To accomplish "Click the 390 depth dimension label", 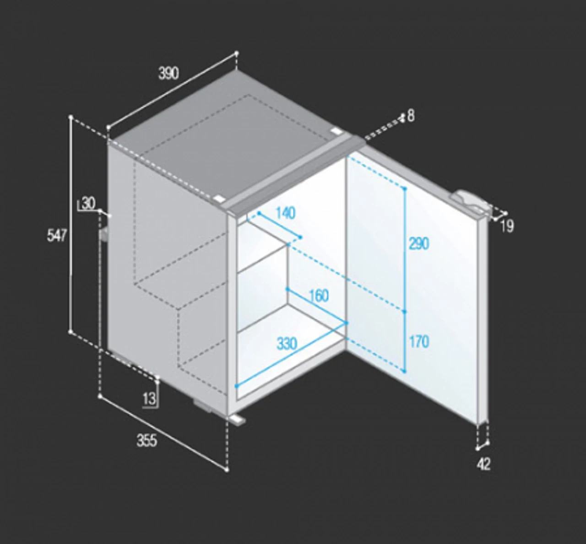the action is point(168,73).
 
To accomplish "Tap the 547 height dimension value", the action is point(57,236).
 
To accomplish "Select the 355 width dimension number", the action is point(146,441).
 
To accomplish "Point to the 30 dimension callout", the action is point(88,203).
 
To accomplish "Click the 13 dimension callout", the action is point(149,399).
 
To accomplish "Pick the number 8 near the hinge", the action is point(411,116).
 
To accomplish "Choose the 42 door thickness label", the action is point(483,464).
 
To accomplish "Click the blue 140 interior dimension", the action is point(285,213).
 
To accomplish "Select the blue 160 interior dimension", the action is point(319,296).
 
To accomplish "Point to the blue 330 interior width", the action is point(287,344).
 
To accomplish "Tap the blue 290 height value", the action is point(419,244).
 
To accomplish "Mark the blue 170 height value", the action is point(419,342).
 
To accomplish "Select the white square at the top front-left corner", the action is point(219,199).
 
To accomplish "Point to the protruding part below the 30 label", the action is point(104,235).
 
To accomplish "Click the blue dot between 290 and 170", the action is point(405,312).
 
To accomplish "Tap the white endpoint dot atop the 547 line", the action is point(71,117).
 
